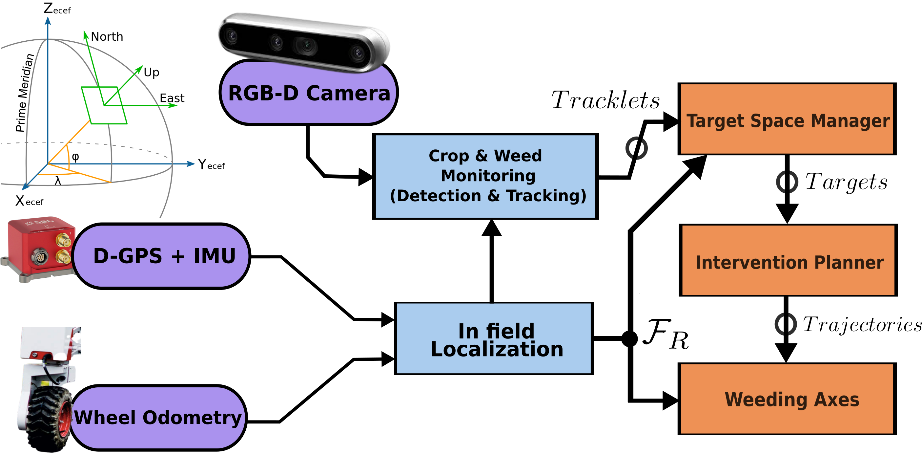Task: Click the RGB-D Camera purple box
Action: coord(309,93)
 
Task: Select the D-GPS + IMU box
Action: coord(161,256)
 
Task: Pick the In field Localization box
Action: coord(494,339)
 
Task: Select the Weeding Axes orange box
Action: coord(787,399)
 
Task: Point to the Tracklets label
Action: coord(605,100)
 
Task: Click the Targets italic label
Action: coord(846,182)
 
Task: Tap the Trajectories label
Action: coord(862,324)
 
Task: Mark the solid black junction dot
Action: coord(629,338)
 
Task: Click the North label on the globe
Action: coord(107,36)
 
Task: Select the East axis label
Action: coord(172,98)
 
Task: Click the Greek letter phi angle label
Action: coord(75,157)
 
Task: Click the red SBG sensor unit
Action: coord(39,248)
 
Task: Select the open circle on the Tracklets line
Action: coord(636,148)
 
